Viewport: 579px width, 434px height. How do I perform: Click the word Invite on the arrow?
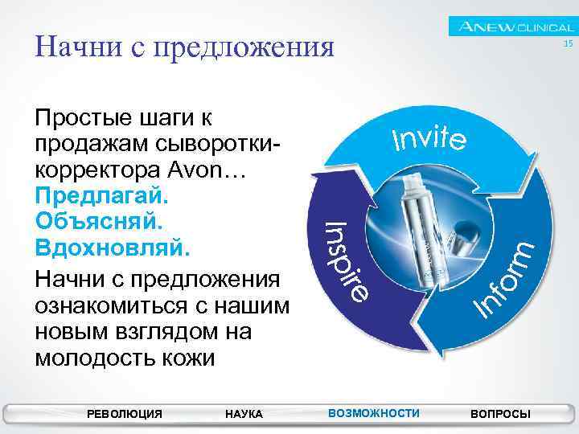(429, 138)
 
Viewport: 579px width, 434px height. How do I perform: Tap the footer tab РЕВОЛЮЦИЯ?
(124, 414)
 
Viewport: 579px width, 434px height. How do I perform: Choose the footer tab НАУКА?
(244, 414)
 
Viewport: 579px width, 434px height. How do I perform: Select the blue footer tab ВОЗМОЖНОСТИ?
(374, 413)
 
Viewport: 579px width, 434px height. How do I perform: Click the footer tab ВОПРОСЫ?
(500, 414)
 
